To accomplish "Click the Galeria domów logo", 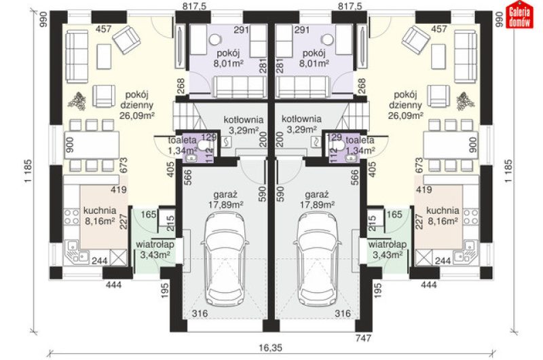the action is [519, 15].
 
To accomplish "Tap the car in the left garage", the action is [225, 258].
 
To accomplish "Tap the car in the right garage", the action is [318, 258].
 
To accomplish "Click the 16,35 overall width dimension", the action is [271, 347].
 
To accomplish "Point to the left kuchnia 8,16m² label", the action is [100, 216].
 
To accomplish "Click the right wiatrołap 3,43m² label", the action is [388, 250].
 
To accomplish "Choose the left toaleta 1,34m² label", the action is [183, 145].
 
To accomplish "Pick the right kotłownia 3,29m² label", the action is [301, 124].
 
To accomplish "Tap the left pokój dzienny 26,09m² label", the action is [136, 105].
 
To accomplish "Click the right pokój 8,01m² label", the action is [314, 58].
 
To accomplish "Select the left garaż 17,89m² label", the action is [225, 200].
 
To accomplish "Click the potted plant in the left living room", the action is [77, 101].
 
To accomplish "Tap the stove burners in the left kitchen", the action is [71, 217].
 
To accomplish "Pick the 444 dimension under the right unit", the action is [428, 285].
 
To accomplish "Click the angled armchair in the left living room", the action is [127, 41].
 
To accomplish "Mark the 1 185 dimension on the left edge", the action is [29, 171].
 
